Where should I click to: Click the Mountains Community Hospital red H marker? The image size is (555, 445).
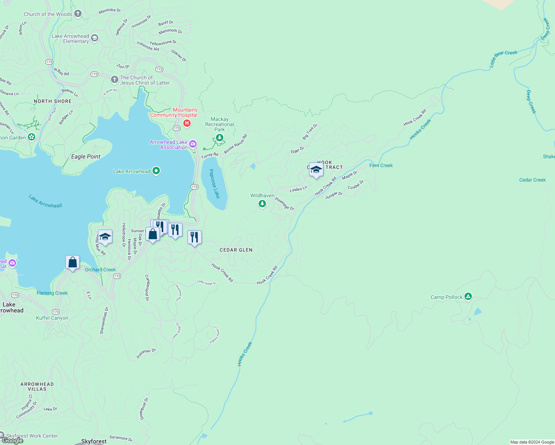click(187, 123)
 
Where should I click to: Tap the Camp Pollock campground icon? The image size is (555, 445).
click(468, 296)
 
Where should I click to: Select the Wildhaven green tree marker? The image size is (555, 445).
click(262, 203)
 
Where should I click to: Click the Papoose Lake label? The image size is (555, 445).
click(214, 184)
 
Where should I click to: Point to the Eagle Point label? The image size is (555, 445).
click(86, 156)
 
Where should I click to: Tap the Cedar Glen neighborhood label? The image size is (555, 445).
click(236, 250)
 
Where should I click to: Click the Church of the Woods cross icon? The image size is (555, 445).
click(78, 14)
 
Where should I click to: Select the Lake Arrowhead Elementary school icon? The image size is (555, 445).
click(95, 38)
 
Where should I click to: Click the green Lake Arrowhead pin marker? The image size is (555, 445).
click(156, 171)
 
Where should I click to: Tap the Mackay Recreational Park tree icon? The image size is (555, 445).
click(220, 138)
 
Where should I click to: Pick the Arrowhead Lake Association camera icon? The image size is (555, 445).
click(193, 144)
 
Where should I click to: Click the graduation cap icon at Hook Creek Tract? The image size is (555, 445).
click(316, 170)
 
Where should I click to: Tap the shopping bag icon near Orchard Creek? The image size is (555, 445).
click(73, 262)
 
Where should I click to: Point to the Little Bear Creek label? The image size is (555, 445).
click(503, 59)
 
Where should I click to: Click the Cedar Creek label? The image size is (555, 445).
click(532, 180)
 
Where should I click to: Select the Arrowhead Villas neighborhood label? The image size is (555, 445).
click(37, 386)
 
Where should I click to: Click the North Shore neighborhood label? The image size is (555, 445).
click(53, 101)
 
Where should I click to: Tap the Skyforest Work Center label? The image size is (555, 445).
click(32, 436)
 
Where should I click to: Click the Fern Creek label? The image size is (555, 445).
click(381, 165)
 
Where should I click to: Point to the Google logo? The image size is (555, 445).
click(12, 441)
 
